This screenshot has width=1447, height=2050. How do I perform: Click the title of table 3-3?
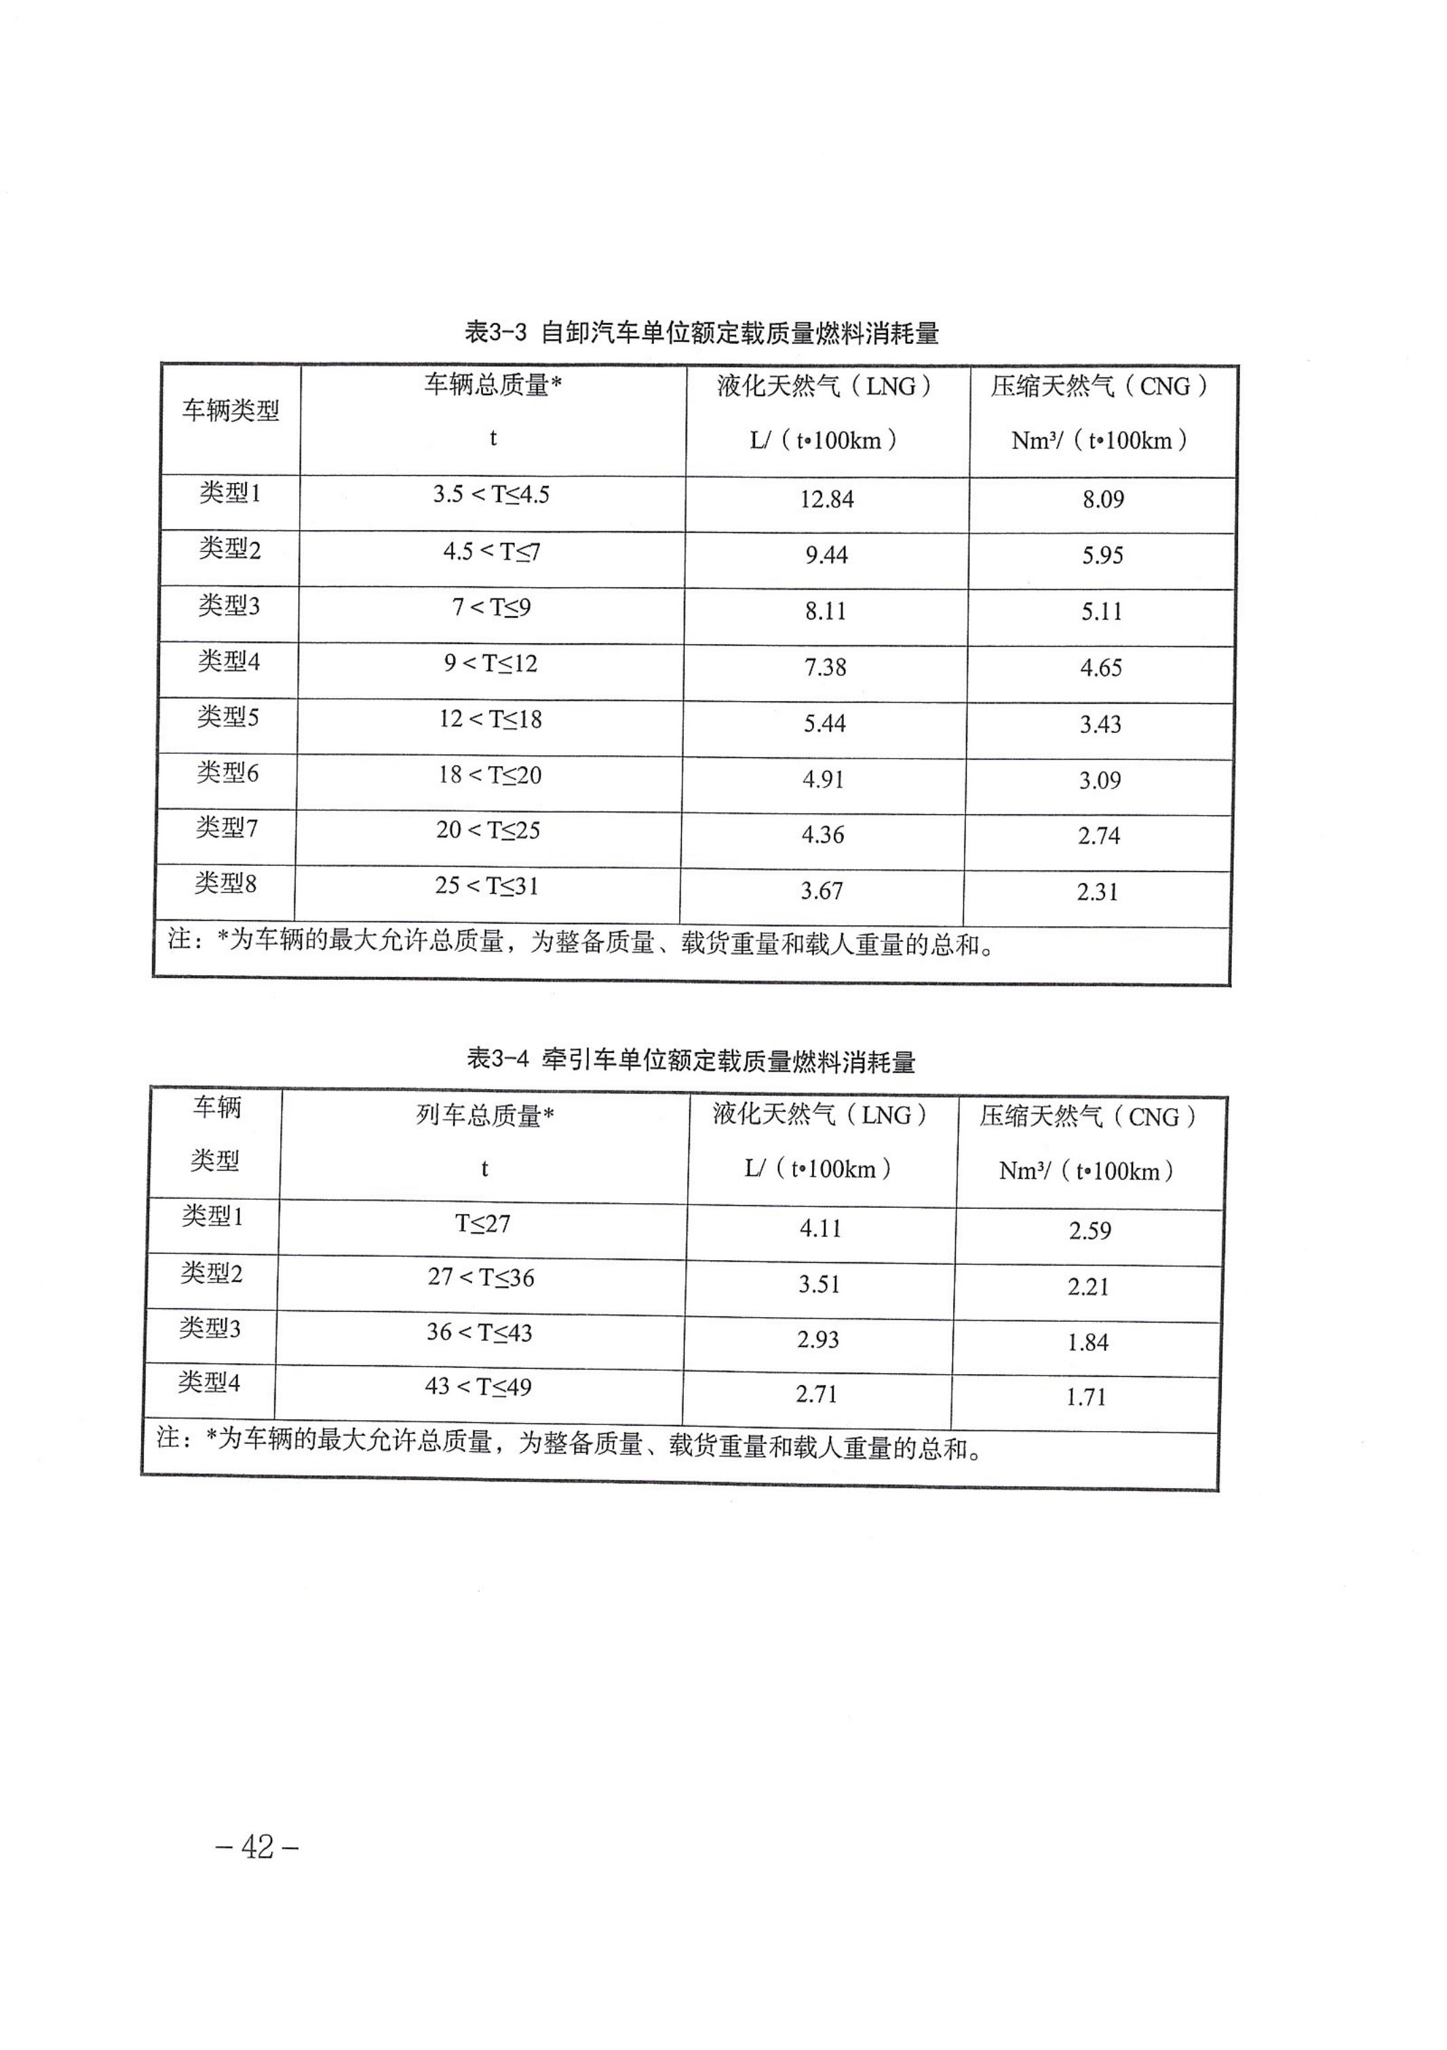pyautogui.click(x=701, y=333)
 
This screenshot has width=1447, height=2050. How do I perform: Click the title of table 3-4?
pyautogui.click(x=691, y=1061)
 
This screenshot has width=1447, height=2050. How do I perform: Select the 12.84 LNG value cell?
pyautogui.click(x=826, y=499)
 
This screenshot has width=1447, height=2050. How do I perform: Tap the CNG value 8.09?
pyautogui.click(x=1103, y=499)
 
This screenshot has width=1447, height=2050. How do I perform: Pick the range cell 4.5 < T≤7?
pyautogui.click(x=492, y=552)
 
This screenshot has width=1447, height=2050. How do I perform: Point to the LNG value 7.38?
pyautogui.click(x=825, y=667)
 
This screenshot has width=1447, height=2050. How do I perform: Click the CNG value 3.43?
pyautogui.click(x=1100, y=724)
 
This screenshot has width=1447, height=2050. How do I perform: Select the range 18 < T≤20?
pyautogui.click(x=489, y=775)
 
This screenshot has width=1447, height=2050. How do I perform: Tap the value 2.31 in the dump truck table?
pyautogui.click(x=1097, y=892)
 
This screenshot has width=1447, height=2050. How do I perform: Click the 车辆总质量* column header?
pyautogui.click(x=493, y=385)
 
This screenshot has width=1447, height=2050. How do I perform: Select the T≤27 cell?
pyautogui.click(x=483, y=1223)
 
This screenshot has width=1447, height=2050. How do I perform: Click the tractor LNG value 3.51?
pyautogui.click(x=819, y=1285)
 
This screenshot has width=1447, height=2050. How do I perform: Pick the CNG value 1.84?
pyautogui.click(x=1088, y=1342)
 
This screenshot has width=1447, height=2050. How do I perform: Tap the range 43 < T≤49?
pyautogui.click(x=478, y=1386)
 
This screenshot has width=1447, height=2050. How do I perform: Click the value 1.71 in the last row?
pyautogui.click(x=1086, y=1397)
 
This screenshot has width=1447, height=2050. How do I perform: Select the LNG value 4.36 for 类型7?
pyautogui.click(x=822, y=835)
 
